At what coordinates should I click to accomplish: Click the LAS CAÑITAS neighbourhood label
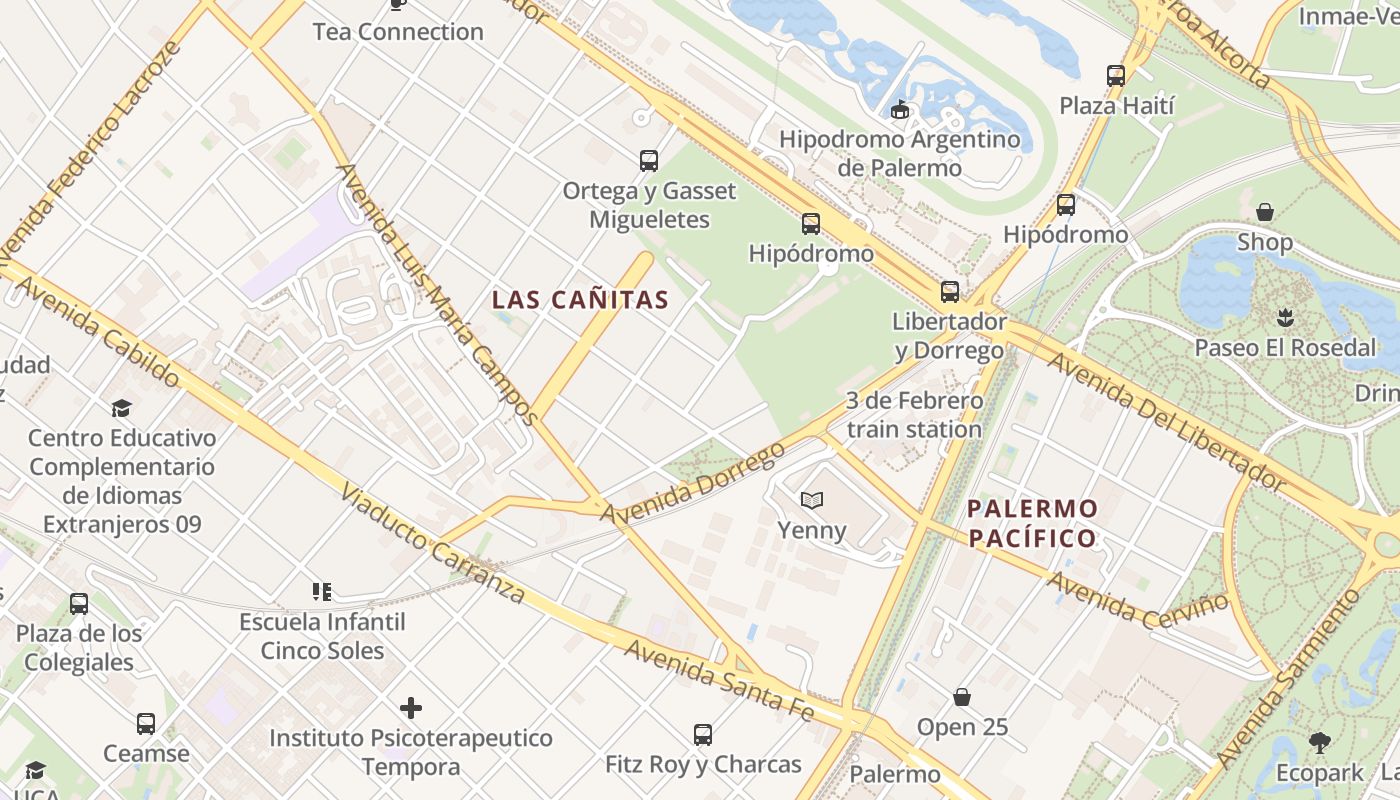[580, 299]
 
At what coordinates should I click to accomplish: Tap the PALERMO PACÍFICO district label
[1033, 523]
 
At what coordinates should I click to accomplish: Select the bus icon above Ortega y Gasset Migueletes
[649, 160]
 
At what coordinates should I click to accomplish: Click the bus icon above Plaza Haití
[1116, 75]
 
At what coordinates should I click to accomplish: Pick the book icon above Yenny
[811, 500]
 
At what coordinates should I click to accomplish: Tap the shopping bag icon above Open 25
[962, 696]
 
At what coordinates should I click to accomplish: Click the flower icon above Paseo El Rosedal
[1285, 318]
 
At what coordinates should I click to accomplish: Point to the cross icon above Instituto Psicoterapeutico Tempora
[411, 708]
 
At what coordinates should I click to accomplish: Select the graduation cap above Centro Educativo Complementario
[121, 408]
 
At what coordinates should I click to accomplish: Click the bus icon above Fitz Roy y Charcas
[703, 735]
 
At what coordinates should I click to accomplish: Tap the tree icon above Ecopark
[1320, 742]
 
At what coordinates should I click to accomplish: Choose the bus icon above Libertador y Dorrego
[949, 292]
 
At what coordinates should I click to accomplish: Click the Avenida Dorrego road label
[693, 482]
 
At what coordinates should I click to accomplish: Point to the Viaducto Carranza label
[432, 544]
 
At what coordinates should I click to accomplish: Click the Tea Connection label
[398, 31]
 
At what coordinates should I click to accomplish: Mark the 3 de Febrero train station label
[914, 415]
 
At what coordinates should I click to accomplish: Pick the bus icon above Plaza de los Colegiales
[79, 604]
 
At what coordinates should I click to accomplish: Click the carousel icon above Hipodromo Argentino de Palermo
[899, 110]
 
